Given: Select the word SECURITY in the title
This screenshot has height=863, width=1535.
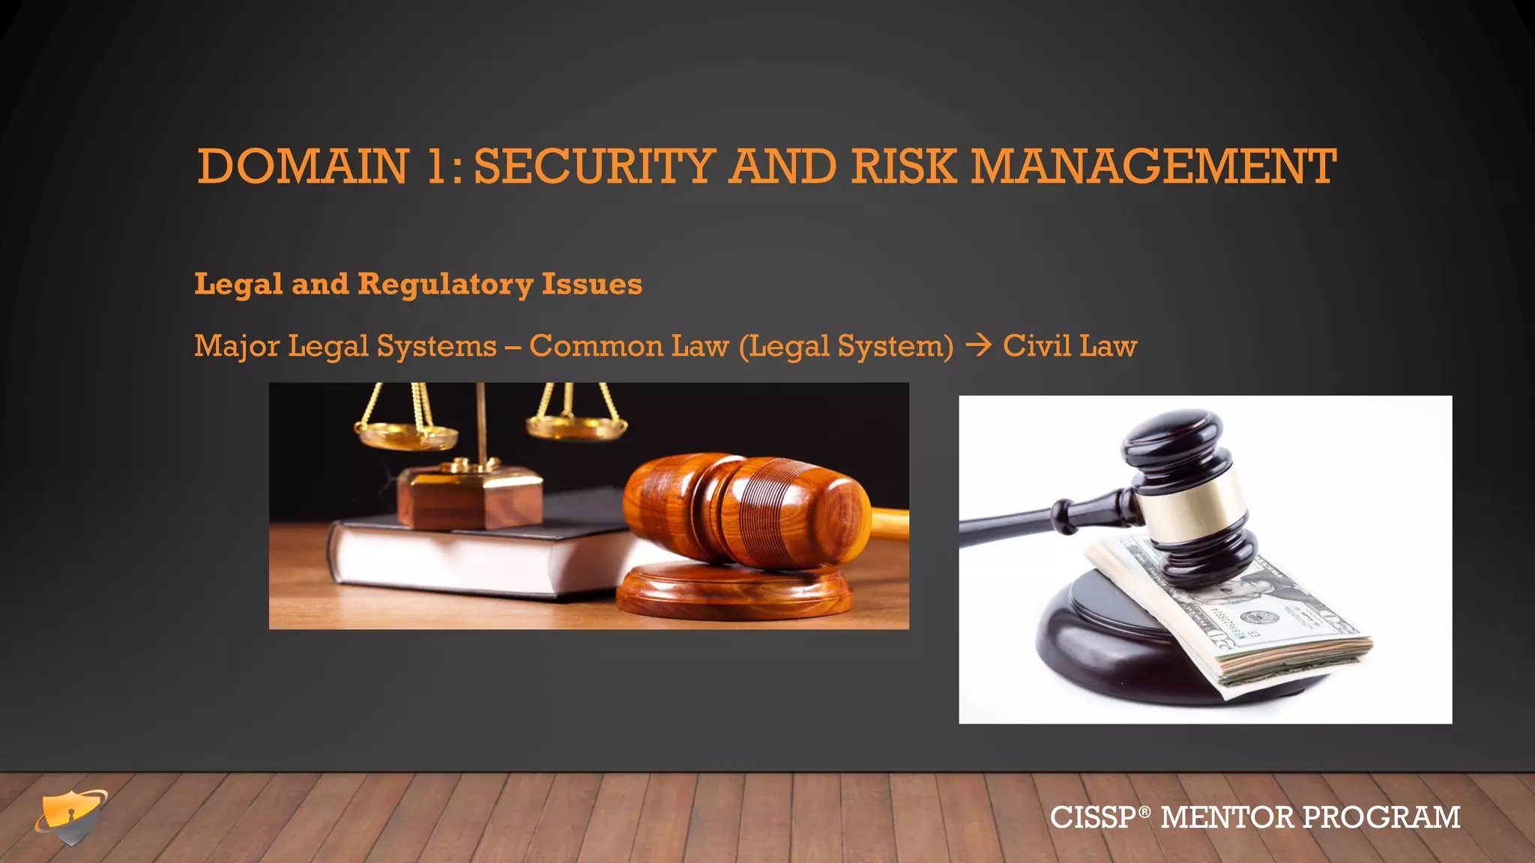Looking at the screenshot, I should point(594,166).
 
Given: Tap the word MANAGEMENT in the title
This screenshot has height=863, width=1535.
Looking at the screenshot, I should point(1153,166).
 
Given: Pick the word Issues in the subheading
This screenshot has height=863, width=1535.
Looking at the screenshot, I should point(591,285).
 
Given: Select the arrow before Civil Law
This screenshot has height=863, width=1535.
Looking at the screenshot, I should point(978,345).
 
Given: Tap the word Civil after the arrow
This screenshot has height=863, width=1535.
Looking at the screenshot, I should point(1037,345).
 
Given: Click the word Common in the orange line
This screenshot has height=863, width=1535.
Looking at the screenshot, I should point(596,346).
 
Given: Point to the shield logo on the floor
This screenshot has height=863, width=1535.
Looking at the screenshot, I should point(71,817).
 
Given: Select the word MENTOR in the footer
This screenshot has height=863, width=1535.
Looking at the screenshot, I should point(1227,817).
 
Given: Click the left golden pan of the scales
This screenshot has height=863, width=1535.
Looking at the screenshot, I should point(405,434).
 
